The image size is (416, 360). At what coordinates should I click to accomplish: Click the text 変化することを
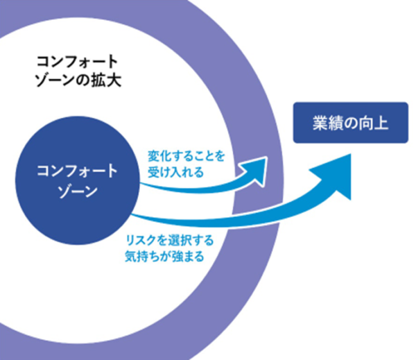tap(186, 156)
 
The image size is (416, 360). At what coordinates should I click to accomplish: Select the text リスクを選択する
tap(170, 241)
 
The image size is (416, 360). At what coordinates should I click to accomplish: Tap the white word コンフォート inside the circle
tap(77, 171)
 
